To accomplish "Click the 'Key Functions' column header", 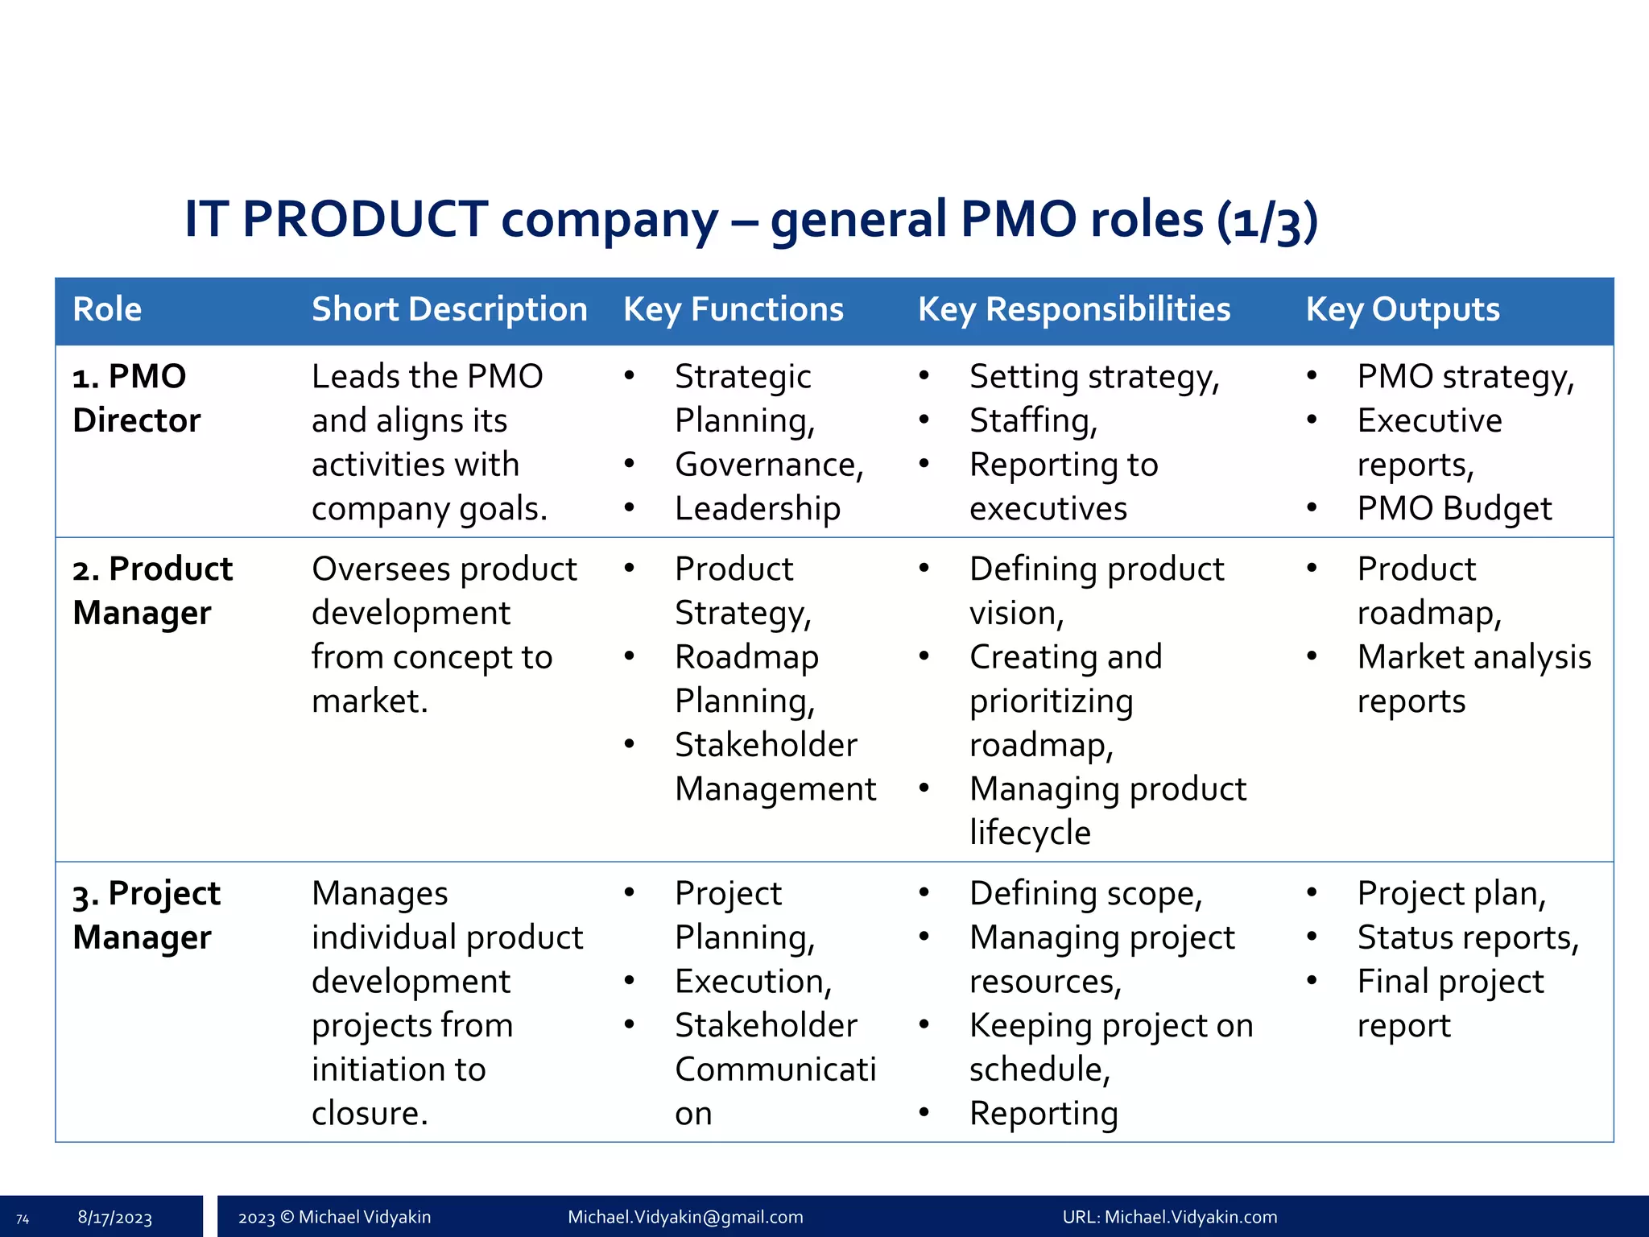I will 733,310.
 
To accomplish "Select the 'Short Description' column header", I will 449,310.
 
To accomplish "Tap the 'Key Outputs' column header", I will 1402,310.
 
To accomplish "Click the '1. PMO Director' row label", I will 136,399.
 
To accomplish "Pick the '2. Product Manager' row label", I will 152,591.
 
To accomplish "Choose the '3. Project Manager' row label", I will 146,916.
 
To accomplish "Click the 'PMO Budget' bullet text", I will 1453,509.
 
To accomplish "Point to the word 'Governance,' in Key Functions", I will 769,465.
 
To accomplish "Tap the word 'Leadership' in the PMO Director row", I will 758,509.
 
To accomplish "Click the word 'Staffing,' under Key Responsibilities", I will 1033,421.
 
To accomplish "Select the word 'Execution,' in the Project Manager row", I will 753,982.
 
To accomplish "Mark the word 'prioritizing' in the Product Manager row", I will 1051,701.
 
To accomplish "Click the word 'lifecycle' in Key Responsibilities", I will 1030,833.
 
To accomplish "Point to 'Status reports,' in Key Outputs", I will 1468,938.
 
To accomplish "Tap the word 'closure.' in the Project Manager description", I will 370,1114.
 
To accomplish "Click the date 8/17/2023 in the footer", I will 114,1218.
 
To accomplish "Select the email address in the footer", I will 685,1218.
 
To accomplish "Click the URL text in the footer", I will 1169,1218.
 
